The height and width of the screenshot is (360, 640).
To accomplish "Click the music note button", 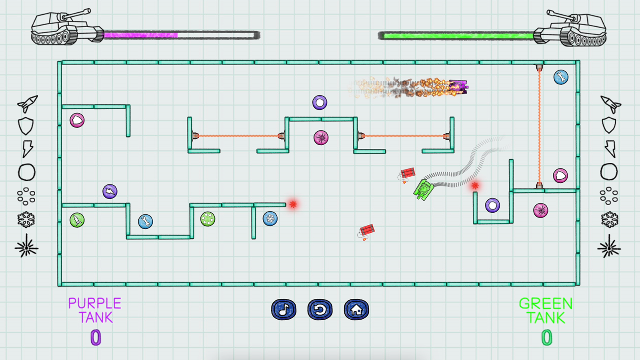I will point(284,309).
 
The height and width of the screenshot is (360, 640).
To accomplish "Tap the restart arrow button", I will point(320,309).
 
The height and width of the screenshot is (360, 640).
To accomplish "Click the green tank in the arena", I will point(424,189).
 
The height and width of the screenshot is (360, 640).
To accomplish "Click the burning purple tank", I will point(458,87).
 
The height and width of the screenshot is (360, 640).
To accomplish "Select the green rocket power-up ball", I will point(77,220).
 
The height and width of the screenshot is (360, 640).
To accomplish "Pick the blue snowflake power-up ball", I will point(270,218).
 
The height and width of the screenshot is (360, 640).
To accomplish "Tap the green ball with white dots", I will point(208,219).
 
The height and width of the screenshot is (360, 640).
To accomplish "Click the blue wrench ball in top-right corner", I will point(561,77).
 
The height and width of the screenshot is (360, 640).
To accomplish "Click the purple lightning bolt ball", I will point(110,191).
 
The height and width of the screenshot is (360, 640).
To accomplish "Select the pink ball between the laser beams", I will point(321,138).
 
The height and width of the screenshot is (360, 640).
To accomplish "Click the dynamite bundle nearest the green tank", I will point(407,174).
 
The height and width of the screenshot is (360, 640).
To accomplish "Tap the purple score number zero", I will point(96,338).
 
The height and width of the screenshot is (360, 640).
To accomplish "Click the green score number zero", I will point(547,338).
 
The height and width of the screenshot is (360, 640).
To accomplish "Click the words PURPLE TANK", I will point(95,310).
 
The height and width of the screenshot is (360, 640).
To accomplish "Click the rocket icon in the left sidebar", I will point(27,104).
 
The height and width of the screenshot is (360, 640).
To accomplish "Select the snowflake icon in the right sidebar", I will point(610,220).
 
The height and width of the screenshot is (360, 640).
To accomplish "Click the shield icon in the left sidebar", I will point(26,126).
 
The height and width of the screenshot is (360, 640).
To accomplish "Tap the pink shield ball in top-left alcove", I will point(77,120).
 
